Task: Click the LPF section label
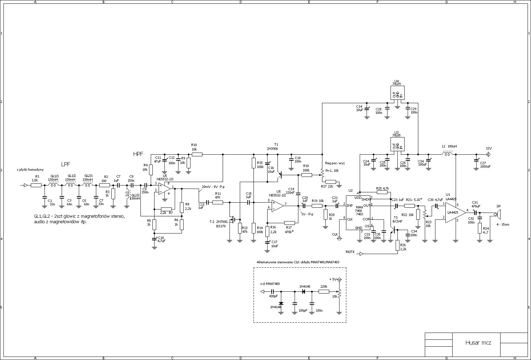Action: (65, 164)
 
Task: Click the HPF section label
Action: (138, 154)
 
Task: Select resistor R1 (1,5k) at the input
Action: (36, 185)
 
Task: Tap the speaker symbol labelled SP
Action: (498, 214)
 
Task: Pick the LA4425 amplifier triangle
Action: (455, 213)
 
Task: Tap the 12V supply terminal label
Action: (489, 148)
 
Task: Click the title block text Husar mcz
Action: (478, 343)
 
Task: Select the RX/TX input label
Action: (350, 252)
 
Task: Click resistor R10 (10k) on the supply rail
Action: (197, 154)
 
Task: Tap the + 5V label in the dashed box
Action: (333, 279)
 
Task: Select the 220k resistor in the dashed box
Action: (324, 291)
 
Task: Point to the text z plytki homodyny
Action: (30, 170)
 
